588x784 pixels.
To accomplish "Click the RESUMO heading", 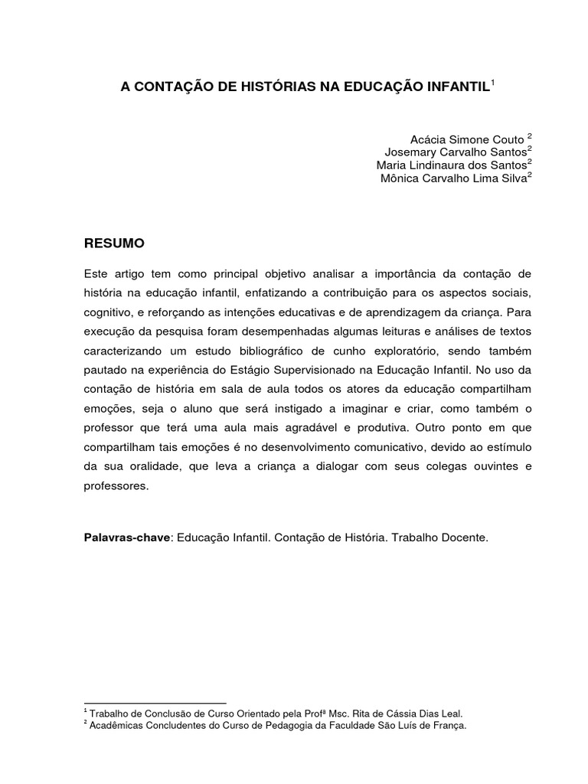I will tap(113, 243).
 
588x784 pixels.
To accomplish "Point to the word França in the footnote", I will tap(446, 724).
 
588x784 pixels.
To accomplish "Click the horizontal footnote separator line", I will tap(155, 702).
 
